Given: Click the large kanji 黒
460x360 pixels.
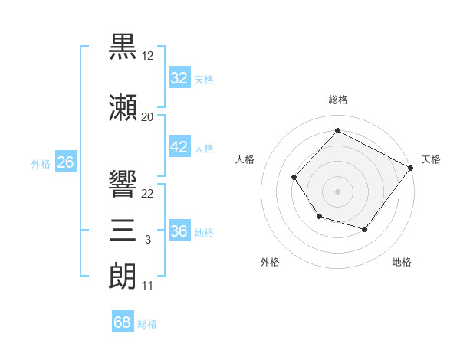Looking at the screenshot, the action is pyautogui.click(x=123, y=46).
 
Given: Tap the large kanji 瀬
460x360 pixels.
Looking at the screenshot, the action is pyautogui.click(x=123, y=107).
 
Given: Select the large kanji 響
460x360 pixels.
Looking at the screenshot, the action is pyautogui.click(x=123, y=184).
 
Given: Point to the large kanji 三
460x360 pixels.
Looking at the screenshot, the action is pyautogui.click(x=123, y=230).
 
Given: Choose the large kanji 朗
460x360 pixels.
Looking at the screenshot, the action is pyautogui.click(x=123, y=277).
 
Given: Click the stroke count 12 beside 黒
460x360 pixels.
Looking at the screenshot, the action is pyautogui.click(x=147, y=56).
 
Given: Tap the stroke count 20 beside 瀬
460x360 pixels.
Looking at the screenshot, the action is pyautogui.click(x=147, y=117).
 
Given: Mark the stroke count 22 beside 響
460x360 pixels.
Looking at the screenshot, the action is pyautogui.click(x=147, y=194).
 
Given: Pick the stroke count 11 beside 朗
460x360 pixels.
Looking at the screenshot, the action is pyautogui.click(x=147, y=286).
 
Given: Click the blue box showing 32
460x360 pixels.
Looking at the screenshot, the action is pyautogui.click(x=179, y=77).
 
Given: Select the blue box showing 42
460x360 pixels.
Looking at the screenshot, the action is pyautogui.click(x=179, y=146).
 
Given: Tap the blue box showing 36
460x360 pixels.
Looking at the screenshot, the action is pyautogui.click(x=179, y=230).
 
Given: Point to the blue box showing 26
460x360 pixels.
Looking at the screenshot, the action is pyautogui.click(x=66, y=162).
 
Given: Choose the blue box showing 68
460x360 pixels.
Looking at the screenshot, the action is pyautogui.click(x=123, y=321).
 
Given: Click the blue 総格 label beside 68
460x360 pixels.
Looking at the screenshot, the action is pyautogui.click(x=147, y=324).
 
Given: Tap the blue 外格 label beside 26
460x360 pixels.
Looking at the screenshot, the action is pyautogui.click(x=41, y=164).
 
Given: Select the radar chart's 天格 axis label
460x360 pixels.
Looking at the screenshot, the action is pyautogui.click(x=431, y=159).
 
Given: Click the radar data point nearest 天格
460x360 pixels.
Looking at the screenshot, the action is pyautogui.click(x=411, y=168).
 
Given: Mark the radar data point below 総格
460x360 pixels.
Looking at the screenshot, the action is pyautogui.click(x=337, y=130).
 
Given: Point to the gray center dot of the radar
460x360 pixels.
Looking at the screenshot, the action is pyautogui.click(x=337, y=191).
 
